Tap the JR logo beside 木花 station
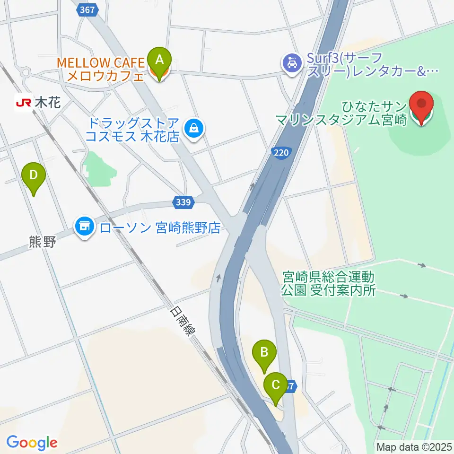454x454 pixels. click(23, 102)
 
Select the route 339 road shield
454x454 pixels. click(184, 202)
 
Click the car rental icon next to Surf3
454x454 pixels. click(290, 63)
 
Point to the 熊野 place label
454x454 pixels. click(42, 243)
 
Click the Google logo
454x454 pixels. click(32, 443)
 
